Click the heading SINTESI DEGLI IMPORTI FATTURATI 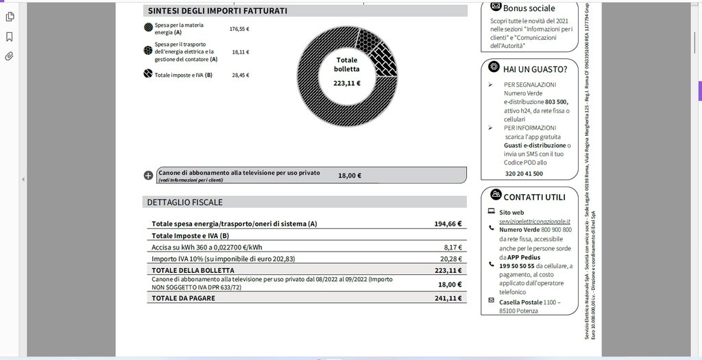[x=217, y=11]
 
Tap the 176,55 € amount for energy [x=239, y=29]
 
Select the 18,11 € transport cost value [x=240, y=51]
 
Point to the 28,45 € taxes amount [x=240, y=75]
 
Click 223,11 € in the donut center [x=347, y=83]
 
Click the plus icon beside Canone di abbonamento [x=149, y=176]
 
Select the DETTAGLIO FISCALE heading [x=184, y=202]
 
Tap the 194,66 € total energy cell [x=448, y=224]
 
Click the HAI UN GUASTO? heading [x=535, y=69]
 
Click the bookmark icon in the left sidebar [x=10, y=36]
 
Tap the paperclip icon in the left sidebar [x=10, y=56]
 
